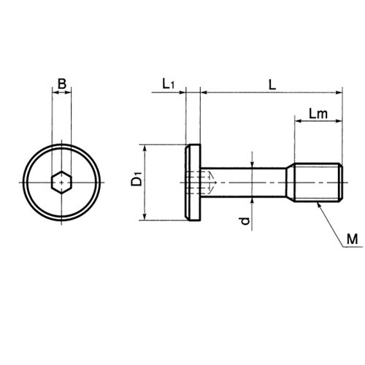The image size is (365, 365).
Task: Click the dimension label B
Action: (62, 84)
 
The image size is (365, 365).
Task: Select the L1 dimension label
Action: (168, 84)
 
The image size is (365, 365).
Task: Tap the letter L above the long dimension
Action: (272, 85)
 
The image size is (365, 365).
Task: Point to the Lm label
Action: (318, 114)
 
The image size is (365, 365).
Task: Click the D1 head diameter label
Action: (137, 179)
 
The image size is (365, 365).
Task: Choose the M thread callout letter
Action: (352, 239)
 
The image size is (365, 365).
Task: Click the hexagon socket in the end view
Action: (62, 182)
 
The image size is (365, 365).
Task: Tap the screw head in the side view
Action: (193, 182)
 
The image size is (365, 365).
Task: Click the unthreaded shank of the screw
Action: (243, 182)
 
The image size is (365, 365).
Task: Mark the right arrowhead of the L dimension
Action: (339, 93)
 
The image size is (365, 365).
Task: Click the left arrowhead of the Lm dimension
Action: (299, 121)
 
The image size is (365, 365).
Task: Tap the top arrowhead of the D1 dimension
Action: (145, 148)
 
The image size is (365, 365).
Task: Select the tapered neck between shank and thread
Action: (290, 182)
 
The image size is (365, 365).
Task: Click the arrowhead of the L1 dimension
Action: (182, 93)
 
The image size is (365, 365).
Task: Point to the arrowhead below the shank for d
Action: (252, 201)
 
